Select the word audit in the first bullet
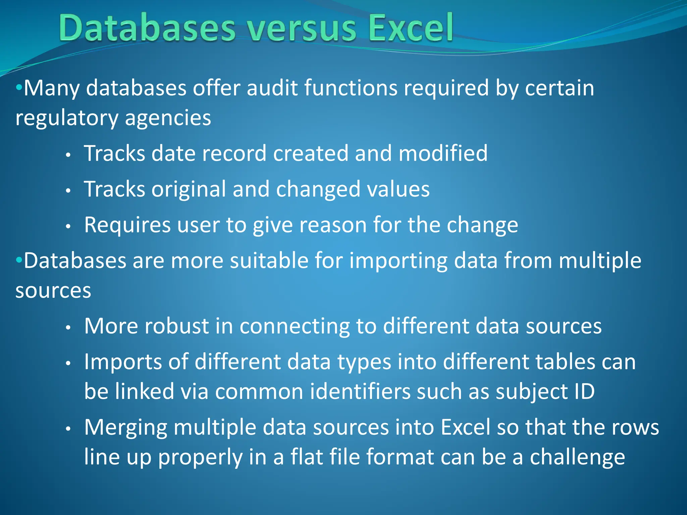tap(272, 88)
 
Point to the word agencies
tap(168, 118)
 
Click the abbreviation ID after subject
tap(584, 391)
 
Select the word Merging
tap(126, 428)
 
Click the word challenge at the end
tap(577, 457)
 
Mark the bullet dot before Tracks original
tap(68, 191)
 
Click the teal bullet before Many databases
tap(19, 88)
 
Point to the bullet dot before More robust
tap(68, 327)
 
